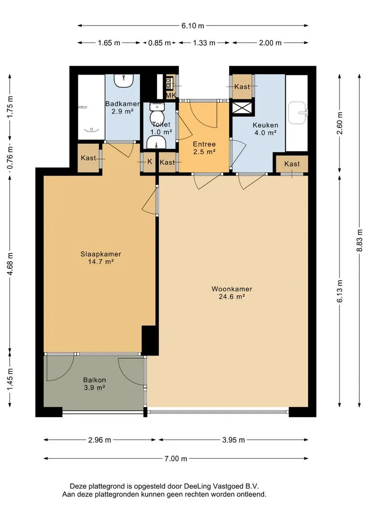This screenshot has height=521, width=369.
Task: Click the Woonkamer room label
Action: (231, 292)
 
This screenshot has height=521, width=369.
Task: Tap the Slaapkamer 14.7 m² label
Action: (100, 258)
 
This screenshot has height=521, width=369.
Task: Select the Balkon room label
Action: (95, 384)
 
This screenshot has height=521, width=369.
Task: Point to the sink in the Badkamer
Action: (124, 81)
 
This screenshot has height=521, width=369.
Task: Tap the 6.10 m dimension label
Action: (193, 26)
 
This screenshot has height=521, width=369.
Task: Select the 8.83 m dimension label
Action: (359, 241)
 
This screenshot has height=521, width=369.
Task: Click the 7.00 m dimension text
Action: (176, 459)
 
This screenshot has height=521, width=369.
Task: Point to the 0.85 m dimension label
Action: (159, 43)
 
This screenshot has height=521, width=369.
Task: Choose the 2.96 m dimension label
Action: (99, 440)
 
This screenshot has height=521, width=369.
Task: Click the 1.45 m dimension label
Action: (10, 379)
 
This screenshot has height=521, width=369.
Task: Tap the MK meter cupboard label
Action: (170, 96)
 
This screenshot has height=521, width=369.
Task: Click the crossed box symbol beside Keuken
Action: (242, 108)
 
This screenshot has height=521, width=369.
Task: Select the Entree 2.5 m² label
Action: (204, 148)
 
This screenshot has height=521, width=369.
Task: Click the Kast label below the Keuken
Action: (292, 164)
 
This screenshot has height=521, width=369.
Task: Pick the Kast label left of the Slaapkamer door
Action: (88, 158)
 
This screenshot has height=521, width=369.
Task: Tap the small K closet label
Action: (150, 161)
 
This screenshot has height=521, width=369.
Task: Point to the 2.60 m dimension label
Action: (340, 123)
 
